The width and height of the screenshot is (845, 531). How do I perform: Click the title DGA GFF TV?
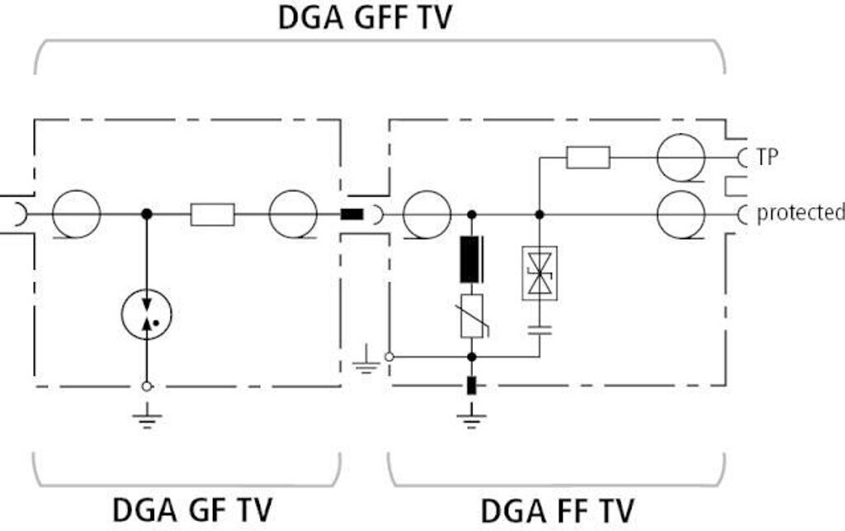pos(365,18)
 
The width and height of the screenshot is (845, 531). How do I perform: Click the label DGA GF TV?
pos(191,510)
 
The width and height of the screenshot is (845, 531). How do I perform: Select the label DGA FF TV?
pos(557,511)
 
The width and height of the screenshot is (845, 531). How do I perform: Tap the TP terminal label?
pos(767,157)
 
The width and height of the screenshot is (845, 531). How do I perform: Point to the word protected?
pos(800,213)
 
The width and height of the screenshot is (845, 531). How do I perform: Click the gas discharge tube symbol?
pos(147,314)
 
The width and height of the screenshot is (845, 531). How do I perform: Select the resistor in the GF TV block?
pos(212,215)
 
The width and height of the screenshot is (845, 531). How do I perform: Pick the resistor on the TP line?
pos(588,158)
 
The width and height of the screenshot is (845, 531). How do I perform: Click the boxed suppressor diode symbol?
pos(540,273)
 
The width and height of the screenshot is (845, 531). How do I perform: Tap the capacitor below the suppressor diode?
pos(540,330)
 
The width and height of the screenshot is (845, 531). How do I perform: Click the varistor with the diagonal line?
pos(472,316)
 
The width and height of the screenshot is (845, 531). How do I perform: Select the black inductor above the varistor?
pos(471,259)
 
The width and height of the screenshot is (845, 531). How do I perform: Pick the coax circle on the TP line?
pos(681,158)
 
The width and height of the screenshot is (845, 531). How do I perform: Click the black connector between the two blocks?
pos(352,215)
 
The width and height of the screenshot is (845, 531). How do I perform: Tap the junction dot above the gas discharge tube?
pos(147,215)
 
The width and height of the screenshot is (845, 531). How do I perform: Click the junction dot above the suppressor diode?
pos(540,215)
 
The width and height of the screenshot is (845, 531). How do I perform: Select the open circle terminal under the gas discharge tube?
pos(146,386)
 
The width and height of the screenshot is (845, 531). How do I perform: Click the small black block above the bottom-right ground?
pos(471,386)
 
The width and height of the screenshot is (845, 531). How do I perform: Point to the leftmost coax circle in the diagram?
pos(77,214)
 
